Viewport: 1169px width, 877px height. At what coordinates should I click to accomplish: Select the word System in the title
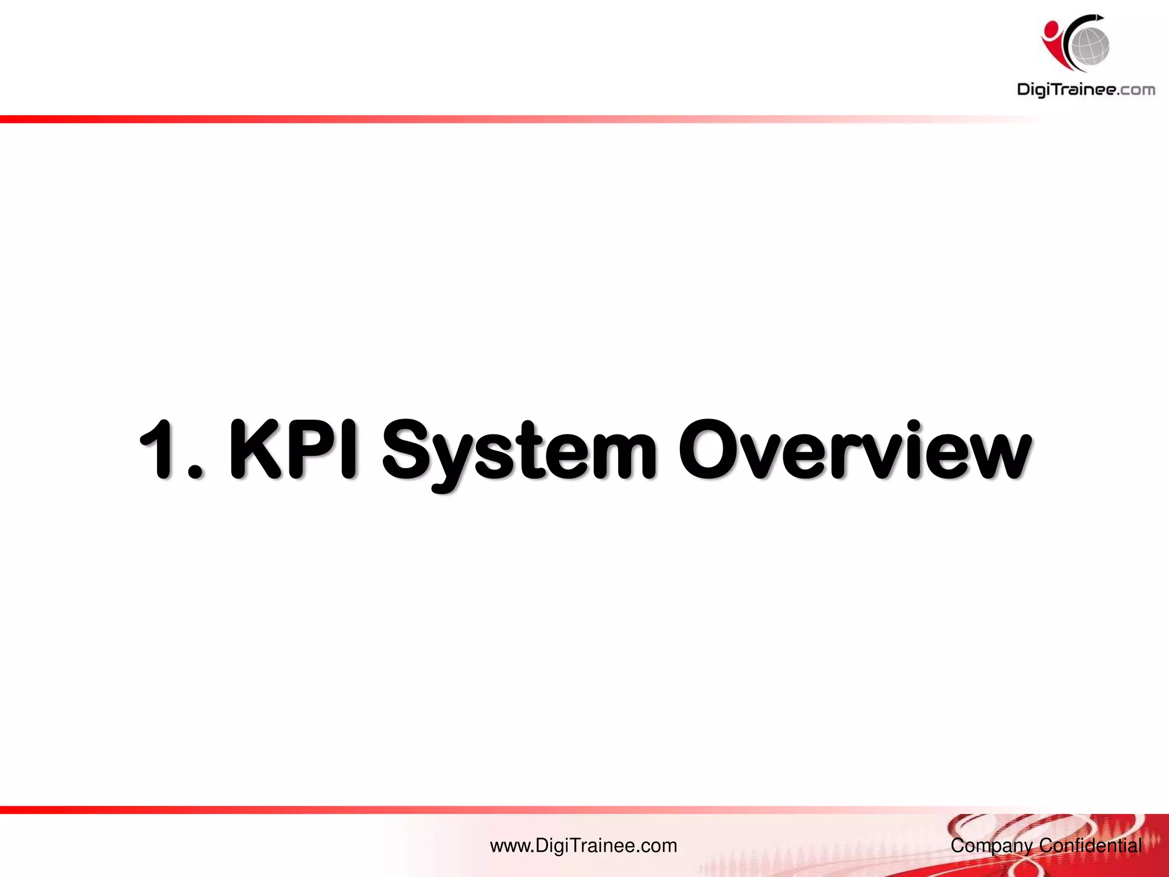coord(519,454)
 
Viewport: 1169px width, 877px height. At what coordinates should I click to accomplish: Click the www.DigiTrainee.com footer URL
coord(583,846)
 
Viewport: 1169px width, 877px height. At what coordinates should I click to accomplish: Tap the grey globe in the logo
coord(1090,45)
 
